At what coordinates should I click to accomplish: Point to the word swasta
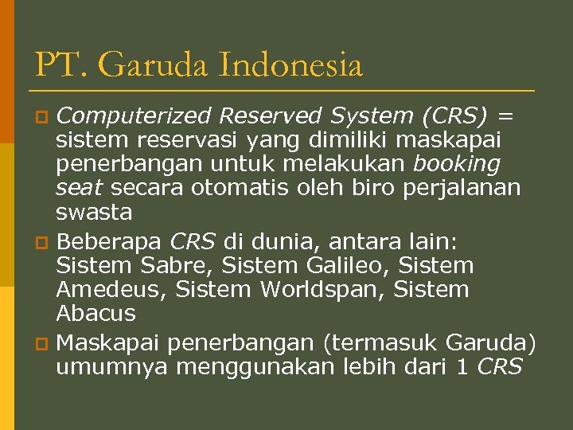pos(93,213)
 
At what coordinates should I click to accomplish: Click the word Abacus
pos(95,314)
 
